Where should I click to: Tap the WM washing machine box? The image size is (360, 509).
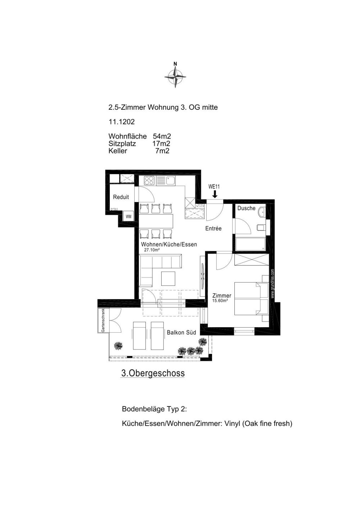tap(129, 217)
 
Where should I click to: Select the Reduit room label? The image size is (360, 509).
tap(121, 197)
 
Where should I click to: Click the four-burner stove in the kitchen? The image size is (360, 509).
tap(149, 181)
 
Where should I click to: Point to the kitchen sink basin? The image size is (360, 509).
tap(170, 181)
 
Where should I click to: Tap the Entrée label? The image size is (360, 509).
tap(213, 228)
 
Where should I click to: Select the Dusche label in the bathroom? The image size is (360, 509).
tap(246, 208)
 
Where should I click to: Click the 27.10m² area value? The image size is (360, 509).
tap(152, 250)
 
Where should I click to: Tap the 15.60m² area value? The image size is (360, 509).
tap(220, 301)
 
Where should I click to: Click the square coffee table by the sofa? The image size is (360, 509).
tap(168, 279)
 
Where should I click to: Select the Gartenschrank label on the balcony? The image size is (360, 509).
tap(103, 321)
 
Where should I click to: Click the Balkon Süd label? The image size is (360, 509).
tap(181, 333)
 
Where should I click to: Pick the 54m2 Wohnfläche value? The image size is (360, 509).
tap(162, 136)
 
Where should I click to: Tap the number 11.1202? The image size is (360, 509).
tap(122, 122)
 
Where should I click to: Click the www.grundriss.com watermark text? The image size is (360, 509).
tap(273, 284)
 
